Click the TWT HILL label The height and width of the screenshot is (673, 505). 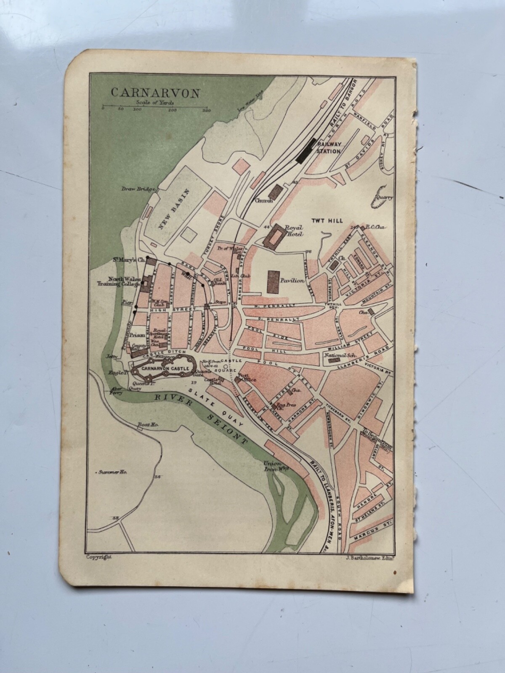click(327, 220)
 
